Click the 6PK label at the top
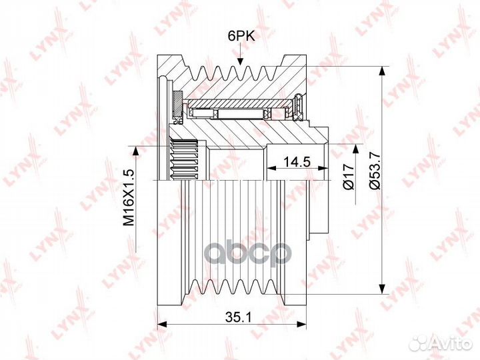pyautogui.click(x=241, y=37)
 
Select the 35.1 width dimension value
pyautogui.click(x=238, y=318)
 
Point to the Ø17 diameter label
pyautogui.click(x=349, y=176)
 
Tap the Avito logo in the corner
pyautogui.click(x=441, y=343)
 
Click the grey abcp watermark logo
pyautogui.click(x=248, y=253)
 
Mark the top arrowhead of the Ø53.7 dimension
pyautogui.click(x=381, y=72)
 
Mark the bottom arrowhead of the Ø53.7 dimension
pyautogui.click(x=381, y=289)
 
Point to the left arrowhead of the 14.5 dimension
pyautogui.click(x=272, y=168)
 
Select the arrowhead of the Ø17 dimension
pyautogui.click(x=355, y=150)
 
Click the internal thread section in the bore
pyautogui.click(x=183, y=159)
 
